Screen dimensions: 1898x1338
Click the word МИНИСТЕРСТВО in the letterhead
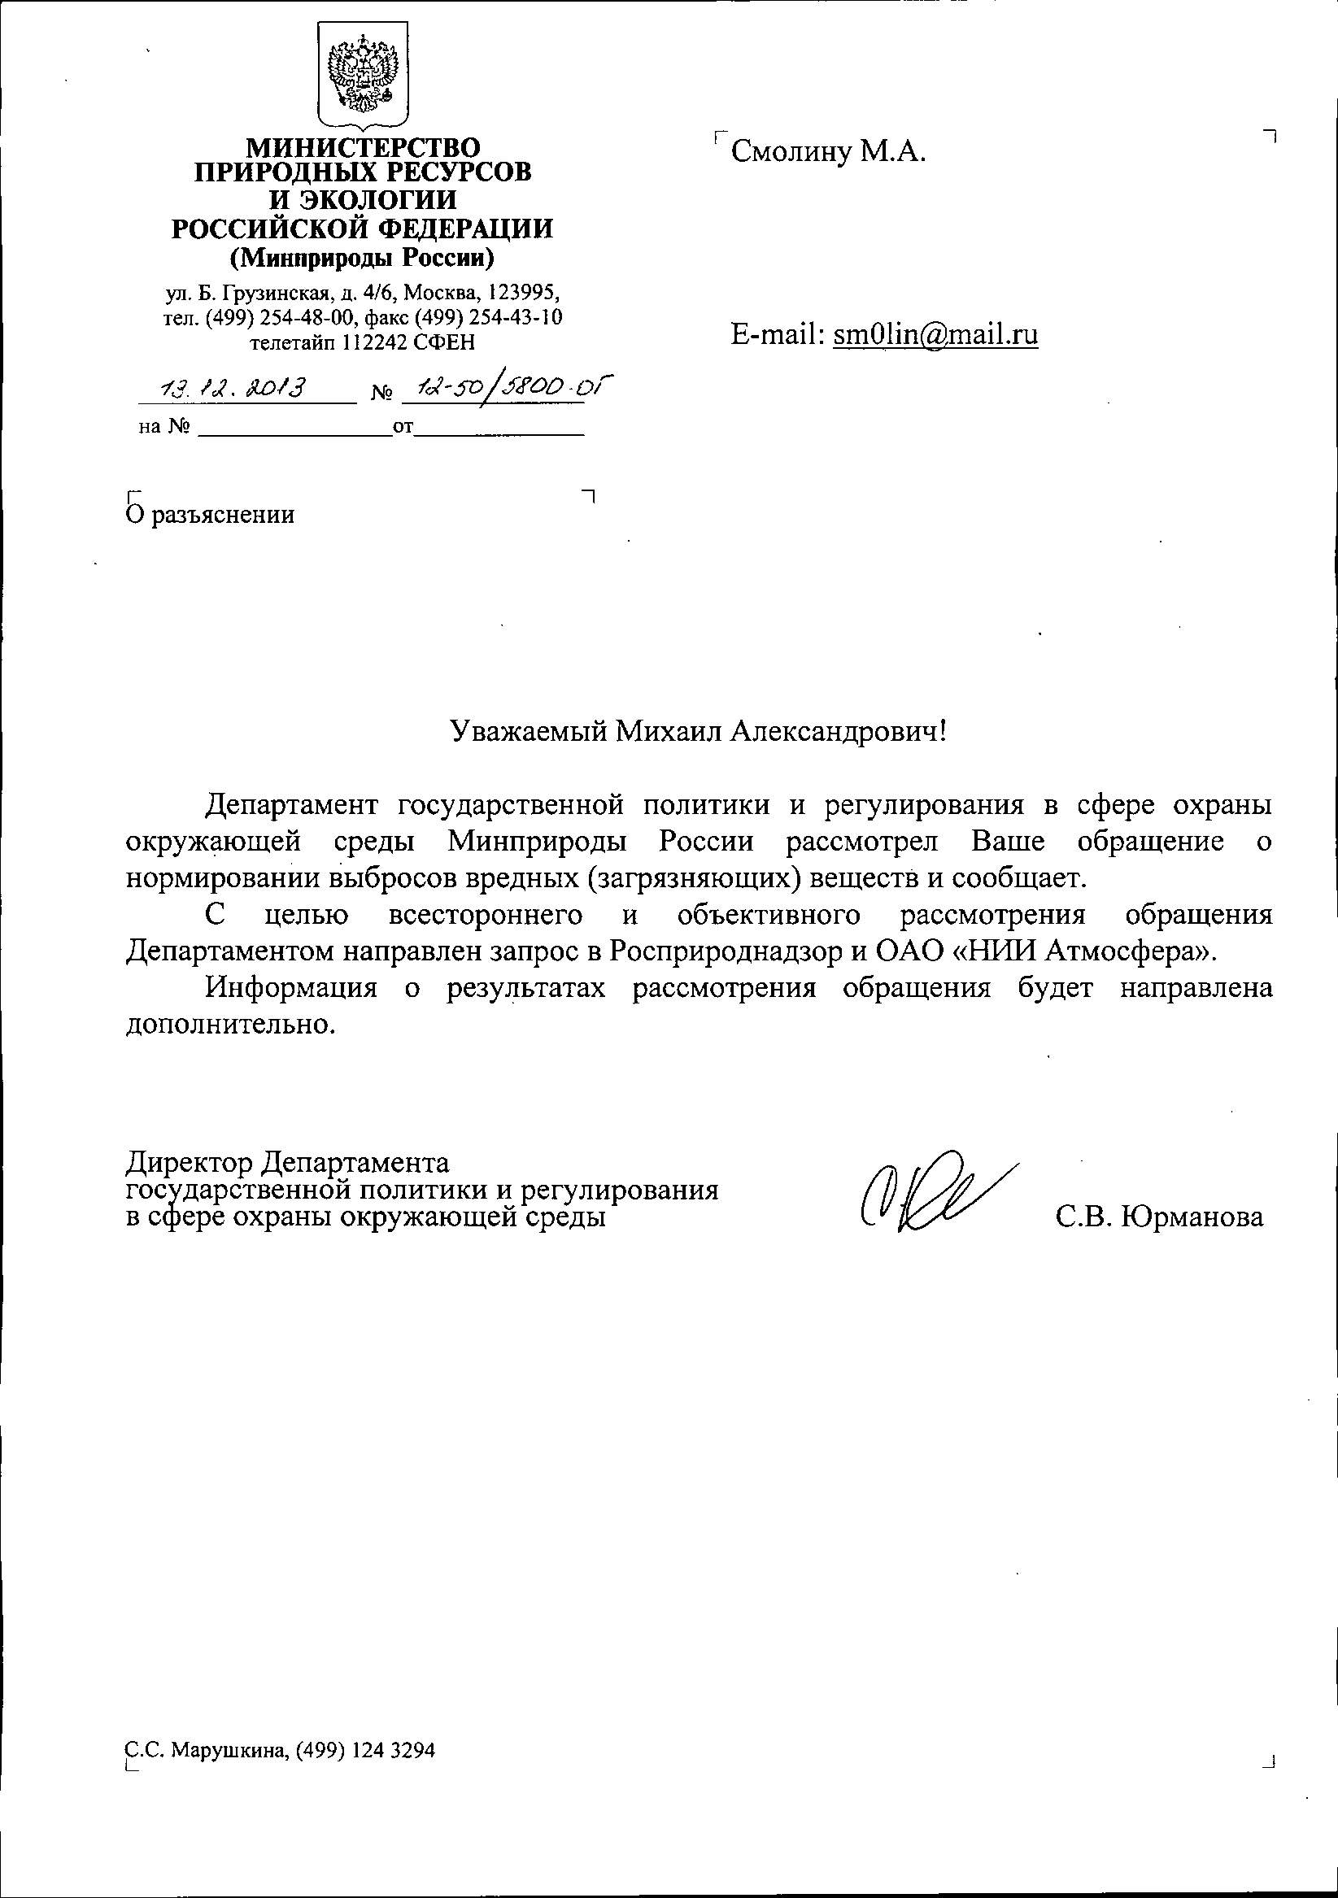[364, 148]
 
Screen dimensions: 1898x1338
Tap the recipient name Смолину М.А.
[828, 152]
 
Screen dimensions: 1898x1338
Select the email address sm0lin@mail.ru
[935, 334]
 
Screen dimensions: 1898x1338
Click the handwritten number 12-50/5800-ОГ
[508, 387]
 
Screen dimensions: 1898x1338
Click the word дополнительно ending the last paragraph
[231, 1025]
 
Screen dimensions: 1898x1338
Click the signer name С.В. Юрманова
[1159, 1217]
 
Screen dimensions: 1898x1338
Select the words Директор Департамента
[288, 1163]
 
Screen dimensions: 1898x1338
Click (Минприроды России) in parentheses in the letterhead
[362, 259]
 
